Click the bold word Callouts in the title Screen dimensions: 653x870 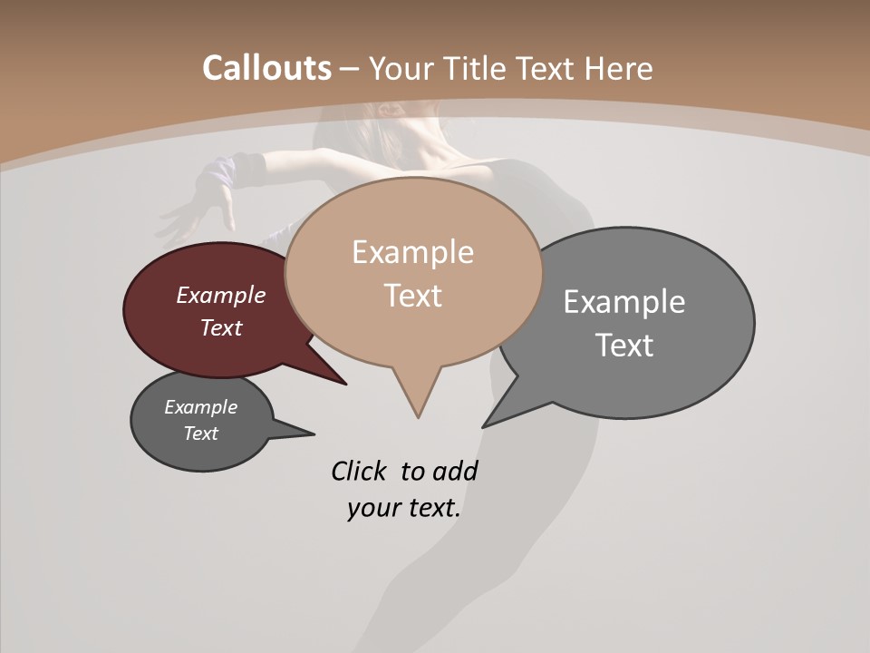pos(266,68)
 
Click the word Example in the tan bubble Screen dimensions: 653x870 pos(412,252)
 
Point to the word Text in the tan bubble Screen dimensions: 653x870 pos(412,296)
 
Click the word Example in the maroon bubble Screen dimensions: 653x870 pos(221,295)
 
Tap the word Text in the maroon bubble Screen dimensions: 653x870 pos(221,327)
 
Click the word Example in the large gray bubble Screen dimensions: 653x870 pos(624,301)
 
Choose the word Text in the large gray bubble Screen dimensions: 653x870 pos(624,345)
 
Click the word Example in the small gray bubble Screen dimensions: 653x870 pos(200,407)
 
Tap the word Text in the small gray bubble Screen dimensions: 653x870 pos(200,434)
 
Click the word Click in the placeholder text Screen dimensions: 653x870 pos(360,471)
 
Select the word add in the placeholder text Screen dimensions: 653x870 pos(455,471)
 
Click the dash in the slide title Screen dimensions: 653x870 pos(350,69)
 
